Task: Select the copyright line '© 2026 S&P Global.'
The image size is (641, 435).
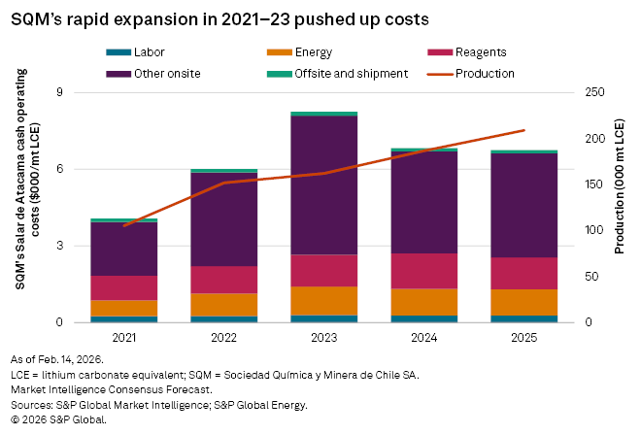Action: (x=57, y=419)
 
